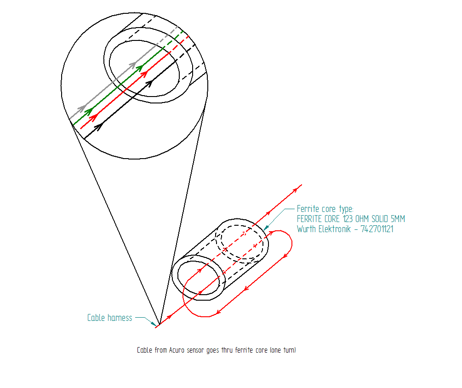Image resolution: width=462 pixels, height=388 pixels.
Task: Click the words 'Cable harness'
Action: [x=109, y=318]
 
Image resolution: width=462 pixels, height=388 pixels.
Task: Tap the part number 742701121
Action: [x=377, y=229]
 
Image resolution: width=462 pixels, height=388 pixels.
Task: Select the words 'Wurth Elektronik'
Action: [x=324, y=229]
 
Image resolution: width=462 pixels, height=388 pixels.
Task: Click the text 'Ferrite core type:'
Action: [x=325, y=209]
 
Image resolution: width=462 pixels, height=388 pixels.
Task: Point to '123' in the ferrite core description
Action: [x=348, y=219]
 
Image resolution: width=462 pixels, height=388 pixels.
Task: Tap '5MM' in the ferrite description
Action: [x=398, y=219]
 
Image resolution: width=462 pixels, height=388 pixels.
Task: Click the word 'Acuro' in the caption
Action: [x=177, y=350]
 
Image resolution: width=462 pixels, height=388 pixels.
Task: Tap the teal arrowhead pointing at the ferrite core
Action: [x=266, y=227]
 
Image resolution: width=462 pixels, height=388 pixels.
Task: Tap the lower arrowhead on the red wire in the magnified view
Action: [x=93, y=118]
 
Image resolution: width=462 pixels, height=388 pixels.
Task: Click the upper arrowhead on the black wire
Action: [x=149, y=83]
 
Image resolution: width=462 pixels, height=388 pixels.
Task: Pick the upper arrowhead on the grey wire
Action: [x=133, y=65]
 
